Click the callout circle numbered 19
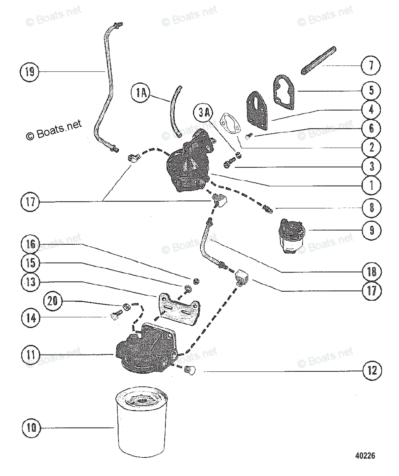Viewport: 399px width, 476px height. [x=30, y=72]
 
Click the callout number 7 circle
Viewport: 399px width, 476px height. [x=371, y=65]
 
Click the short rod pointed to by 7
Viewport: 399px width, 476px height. [x=320, y=60]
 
